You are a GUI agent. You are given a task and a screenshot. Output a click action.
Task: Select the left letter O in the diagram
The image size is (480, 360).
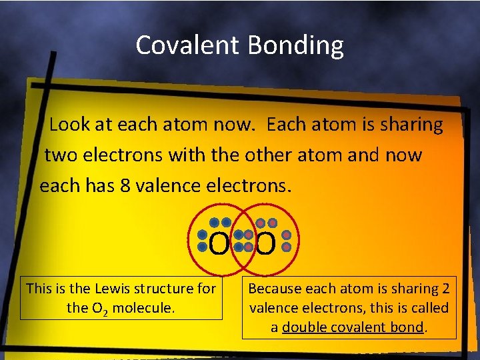pyautogui.click(x=218, y=245)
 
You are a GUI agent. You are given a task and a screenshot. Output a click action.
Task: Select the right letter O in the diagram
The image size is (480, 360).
pyautogui.click(x=265, y=245)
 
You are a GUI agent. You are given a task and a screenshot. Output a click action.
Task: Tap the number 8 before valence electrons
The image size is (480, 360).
pyautogui.click(x=125, y=185)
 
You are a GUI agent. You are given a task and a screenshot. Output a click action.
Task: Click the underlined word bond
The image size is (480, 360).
pyautogui.click(x=407, y=327)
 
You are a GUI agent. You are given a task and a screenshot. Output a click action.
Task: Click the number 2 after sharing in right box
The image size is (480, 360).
pyautogui.click(x=446, y=289)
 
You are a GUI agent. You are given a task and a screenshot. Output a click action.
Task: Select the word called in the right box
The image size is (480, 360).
pyautogui.click(x=431, y=308)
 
